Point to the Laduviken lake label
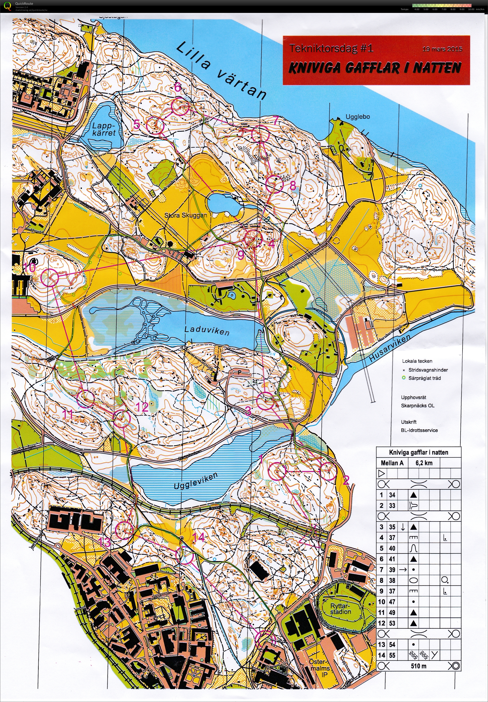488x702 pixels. pyautogui.click(x=207, y=330)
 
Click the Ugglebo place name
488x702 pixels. pyautogui.click(x=358, y=117)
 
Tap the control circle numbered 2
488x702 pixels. pyautogui.click(x=328, y=471)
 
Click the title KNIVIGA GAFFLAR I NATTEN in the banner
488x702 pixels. pyautogui.click(x=375, y=68)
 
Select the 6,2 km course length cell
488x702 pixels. pyautogui.click(x=424, y=463)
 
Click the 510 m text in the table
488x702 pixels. pyautogui.click(x=419, y=666)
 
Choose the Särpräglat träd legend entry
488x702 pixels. pyautogui.click(x=424, y=378)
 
